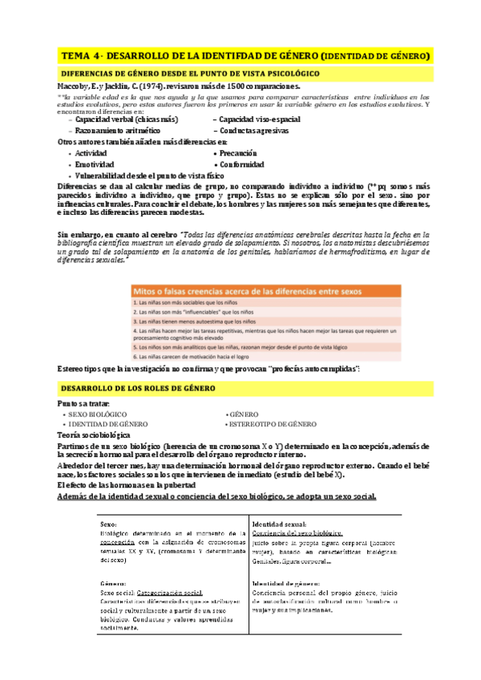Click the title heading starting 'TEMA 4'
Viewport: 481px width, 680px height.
click(245, 55)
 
